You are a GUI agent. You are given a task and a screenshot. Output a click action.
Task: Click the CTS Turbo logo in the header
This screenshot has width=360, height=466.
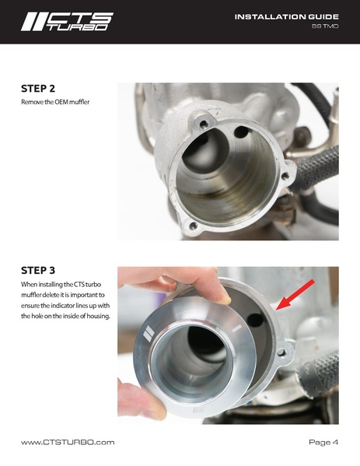point(67,22)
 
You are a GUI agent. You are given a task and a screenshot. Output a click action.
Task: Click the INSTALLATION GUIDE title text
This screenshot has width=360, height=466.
point(287,17)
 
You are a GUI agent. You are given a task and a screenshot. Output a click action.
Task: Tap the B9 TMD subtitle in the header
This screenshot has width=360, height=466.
point(325,26)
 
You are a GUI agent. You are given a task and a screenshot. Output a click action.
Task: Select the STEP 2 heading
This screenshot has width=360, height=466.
point(38,89)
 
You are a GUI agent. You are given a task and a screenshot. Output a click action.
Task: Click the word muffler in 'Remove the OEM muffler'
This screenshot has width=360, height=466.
point(79,102)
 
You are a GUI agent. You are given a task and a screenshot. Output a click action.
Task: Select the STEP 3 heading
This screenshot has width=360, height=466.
point(38,271)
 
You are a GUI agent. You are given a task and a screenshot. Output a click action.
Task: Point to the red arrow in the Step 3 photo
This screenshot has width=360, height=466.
point(295,295)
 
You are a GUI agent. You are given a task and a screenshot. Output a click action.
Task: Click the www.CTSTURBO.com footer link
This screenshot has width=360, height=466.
point(68,442)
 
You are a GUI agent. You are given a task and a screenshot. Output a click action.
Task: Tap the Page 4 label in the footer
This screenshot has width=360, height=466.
point(323,442)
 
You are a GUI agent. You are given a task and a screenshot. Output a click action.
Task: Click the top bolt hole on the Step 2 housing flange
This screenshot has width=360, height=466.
point(203,124)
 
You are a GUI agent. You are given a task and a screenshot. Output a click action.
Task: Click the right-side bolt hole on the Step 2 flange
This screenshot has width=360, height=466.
point(285,176)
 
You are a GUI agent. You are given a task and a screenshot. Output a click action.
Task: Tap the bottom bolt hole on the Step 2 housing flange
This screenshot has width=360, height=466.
point(193,226)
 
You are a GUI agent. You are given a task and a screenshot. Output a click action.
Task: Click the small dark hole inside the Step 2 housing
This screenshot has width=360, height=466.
point(241,132)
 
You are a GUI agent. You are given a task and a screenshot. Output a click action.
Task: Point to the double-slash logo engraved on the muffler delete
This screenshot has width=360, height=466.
point(149,333)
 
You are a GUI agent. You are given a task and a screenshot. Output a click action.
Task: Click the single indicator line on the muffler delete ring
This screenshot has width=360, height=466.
point(236,329)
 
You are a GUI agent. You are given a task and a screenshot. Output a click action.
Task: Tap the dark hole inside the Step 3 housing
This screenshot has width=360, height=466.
point(256,320)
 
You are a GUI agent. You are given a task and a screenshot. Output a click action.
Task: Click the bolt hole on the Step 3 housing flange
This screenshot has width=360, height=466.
point(281,352)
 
